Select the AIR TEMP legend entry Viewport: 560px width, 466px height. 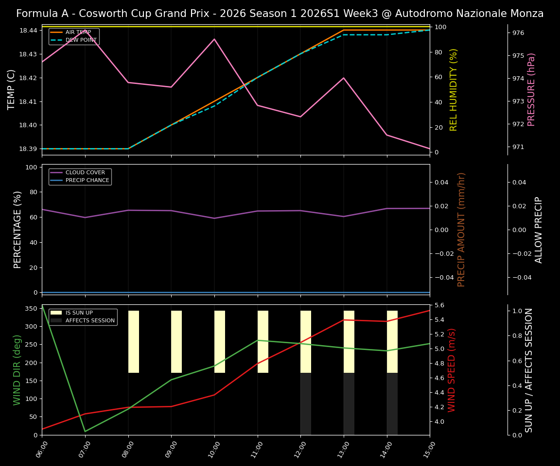(78, 33)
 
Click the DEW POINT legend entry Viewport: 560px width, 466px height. (81, 40)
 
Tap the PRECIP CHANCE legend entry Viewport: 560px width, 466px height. (87, 181)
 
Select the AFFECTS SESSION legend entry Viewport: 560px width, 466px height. (89, 321)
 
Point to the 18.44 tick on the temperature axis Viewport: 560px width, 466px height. (28, 31)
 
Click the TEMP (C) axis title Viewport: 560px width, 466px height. (12, 89)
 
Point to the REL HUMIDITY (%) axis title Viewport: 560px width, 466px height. (454, 89)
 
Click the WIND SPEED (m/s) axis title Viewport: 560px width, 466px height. (452, 370)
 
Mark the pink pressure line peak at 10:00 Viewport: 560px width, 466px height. (214, 39)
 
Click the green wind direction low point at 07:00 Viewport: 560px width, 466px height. (85, 431)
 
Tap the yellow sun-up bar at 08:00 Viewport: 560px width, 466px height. (134, 342)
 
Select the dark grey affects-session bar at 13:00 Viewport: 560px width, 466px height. (349, 403)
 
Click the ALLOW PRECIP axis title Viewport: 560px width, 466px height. (539, 230)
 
